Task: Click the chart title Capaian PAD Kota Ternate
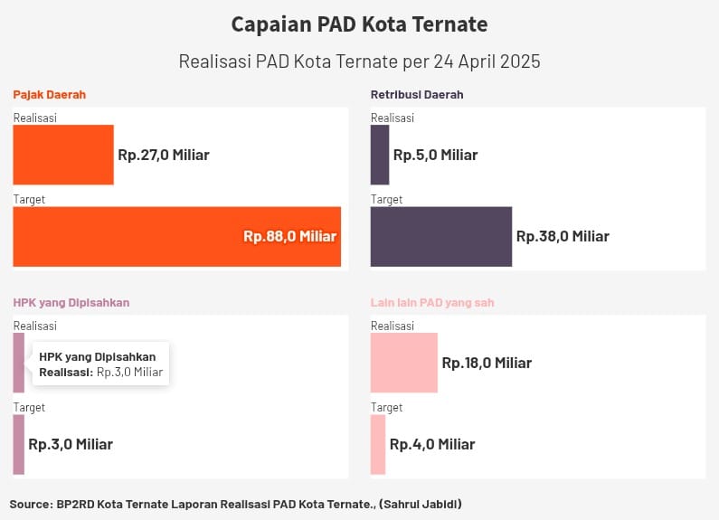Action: point(359,24)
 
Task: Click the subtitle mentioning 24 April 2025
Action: point(359,62)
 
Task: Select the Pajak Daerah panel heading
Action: point(50,94)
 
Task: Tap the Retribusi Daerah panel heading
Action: point(417,94)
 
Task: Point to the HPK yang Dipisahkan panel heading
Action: point(71,303)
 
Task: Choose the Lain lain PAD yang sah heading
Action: point(432,303)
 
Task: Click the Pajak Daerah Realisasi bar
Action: point(63,155)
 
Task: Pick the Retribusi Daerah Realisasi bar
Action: point(380,155)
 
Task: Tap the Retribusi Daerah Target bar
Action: point(441,236)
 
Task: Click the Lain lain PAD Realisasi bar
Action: point(404,363)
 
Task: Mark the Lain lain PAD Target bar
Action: point(378,444)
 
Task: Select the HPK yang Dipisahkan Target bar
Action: point(19,444)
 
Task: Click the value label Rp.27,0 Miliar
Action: point(164,155)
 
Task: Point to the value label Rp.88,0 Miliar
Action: point(289,236)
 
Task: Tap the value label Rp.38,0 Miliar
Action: point(563,236)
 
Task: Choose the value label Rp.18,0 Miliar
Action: point(487,363)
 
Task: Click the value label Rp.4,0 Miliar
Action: point(432,444)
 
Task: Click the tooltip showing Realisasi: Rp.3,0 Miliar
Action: point(101,364)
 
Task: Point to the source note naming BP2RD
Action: point(241,503)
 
